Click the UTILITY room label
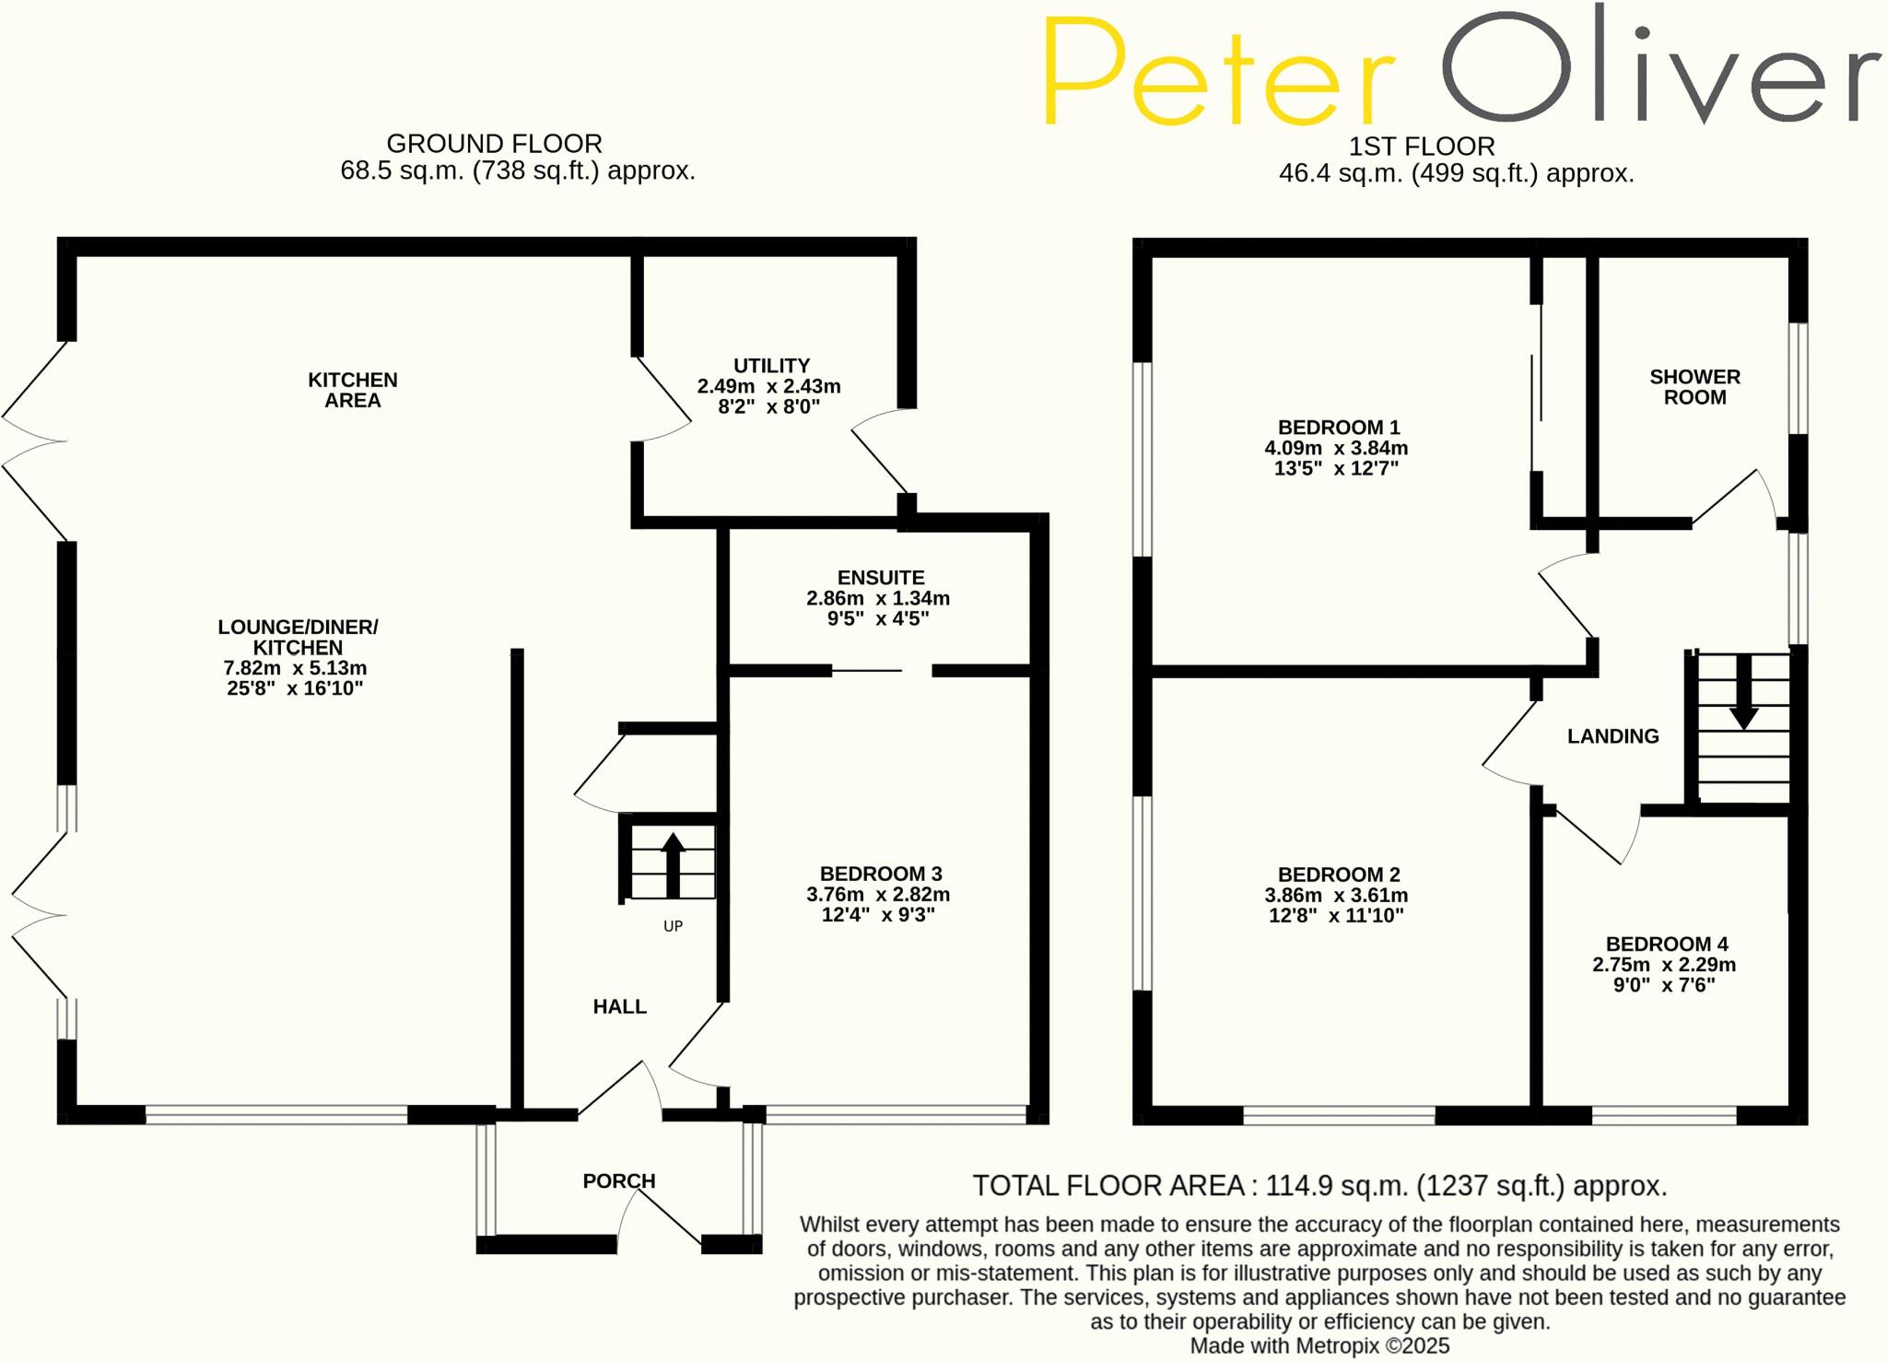(771, 366)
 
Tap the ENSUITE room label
(881, 578)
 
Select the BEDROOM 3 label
(881, 874)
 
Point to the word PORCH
(619, 1181)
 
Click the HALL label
(619, 1007)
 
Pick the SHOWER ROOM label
(1694, 387)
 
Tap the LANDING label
(1612, 736)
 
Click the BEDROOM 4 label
(1667, 945)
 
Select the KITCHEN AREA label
(352, 390)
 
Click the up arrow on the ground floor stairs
(673, 864)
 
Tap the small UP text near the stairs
(673, 926)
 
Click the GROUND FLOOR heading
(494, 144)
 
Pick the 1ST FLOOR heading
(1422, 147)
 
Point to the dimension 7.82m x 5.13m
(295, 668)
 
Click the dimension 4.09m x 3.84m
(1336, 449)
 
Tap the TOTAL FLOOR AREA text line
(1319, 1186)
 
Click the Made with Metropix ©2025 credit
(1319, 1346)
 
